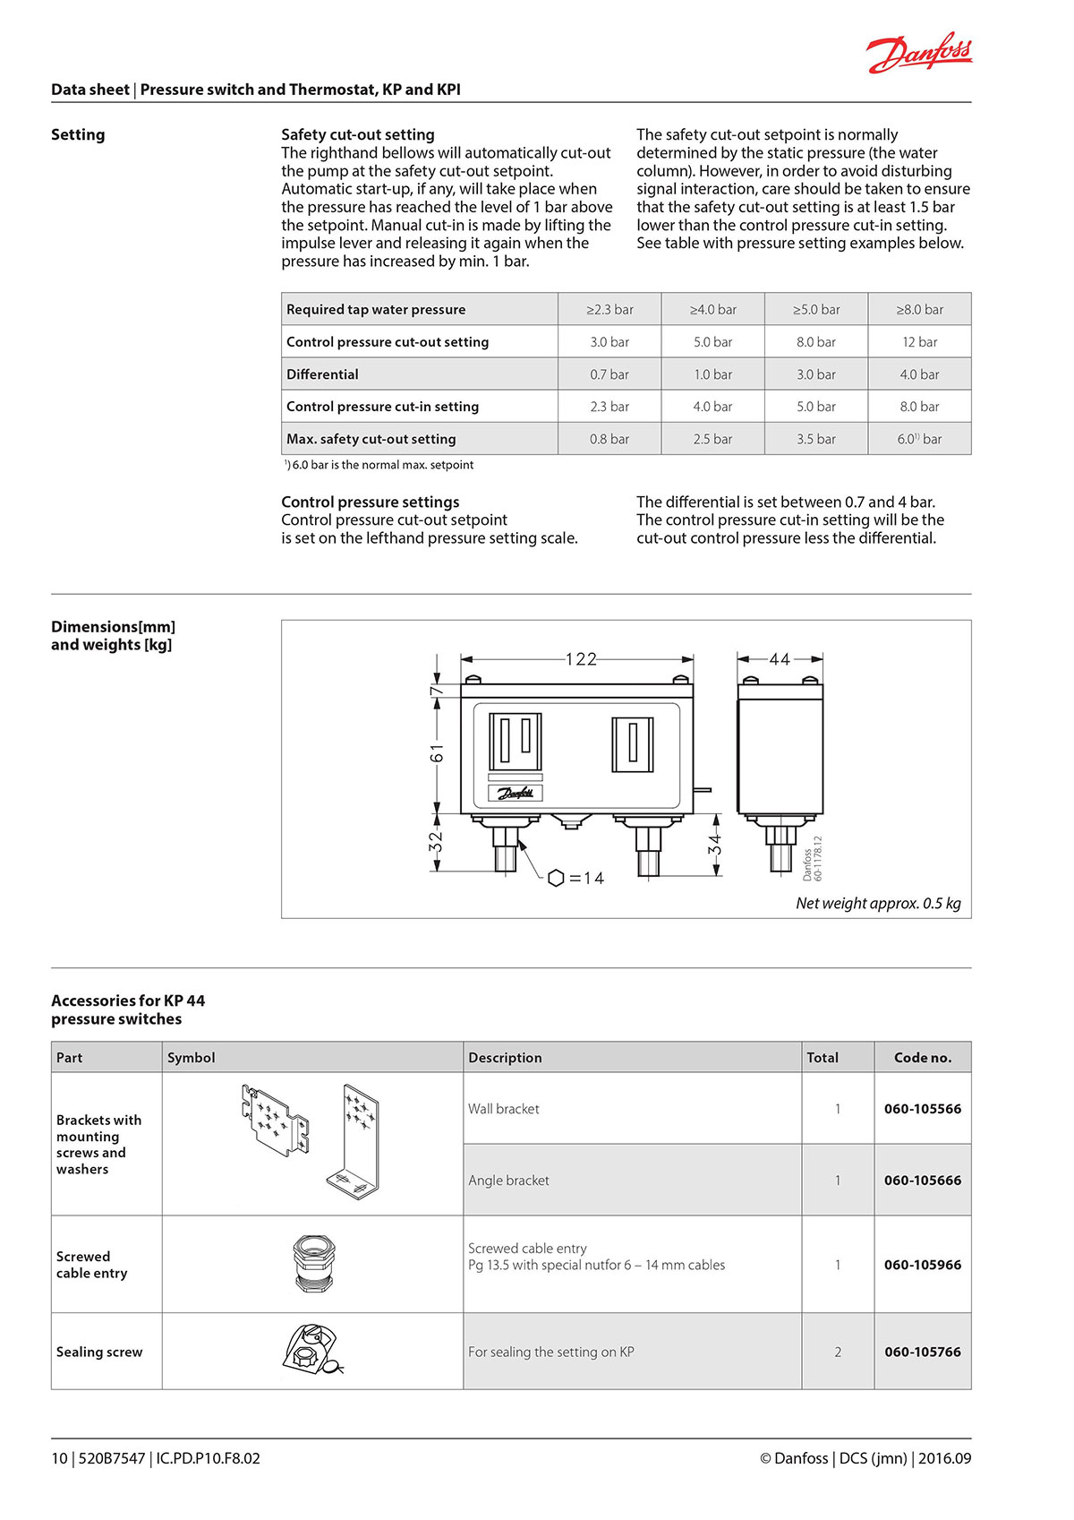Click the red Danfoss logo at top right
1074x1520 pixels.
[x=919, y=54]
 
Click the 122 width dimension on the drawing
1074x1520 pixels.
[x=581, y=659]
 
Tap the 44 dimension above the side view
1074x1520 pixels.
[x=780, y=659]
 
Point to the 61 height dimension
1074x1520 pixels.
[x=436, y=752]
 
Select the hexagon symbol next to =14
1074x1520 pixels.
[x=556, y=878]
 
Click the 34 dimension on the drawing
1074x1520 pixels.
[x=715, y=844]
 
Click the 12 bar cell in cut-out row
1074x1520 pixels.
[x=919, y=342]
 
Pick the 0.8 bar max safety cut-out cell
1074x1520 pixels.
[x=609, y=439]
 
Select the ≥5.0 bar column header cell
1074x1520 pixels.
[x=816, y=309]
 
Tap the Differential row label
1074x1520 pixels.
[x=322, y=374]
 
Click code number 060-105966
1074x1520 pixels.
[x=922, y=1265]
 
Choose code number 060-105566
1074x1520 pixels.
[x=922, y=1109]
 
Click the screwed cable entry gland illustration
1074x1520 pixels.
[x=313, y=1263]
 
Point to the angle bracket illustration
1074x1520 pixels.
[x=360, y=1142]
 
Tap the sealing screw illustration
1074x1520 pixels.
[x=312, y=1350]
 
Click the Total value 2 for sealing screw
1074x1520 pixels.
[x=838, y=1352]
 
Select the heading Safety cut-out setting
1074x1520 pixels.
[x=358, y=134]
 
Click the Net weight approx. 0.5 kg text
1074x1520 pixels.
[x=878, y=903]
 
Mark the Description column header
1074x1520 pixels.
[x=505, y=1057]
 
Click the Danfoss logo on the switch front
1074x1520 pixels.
[x=516, y=793]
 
